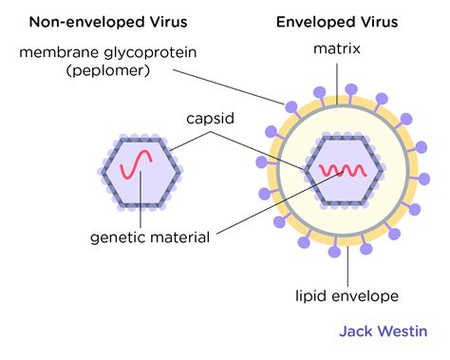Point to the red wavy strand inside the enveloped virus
[342, 171]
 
